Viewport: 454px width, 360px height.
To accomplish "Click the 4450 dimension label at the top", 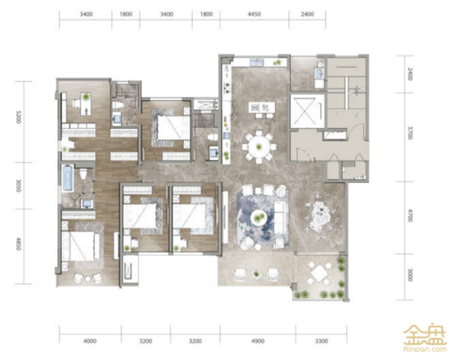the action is [254, 14].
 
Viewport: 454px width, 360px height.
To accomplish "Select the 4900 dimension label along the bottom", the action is [258, 341].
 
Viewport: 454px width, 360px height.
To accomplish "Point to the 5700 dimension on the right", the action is [409, 132].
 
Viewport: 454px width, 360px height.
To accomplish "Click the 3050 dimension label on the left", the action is [19, 186].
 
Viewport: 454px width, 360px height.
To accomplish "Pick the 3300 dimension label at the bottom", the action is [322, 341].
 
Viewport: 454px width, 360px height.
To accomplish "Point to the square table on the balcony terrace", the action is [318, 272].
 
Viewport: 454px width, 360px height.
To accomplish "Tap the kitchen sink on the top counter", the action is [257, 63].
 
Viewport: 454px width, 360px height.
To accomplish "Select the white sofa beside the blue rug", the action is [280, 214].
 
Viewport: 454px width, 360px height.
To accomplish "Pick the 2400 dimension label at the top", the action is [307, 14].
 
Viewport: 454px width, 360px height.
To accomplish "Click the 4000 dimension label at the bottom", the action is [90, 341].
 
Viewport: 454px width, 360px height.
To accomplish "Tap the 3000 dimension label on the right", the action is [409, 275].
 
